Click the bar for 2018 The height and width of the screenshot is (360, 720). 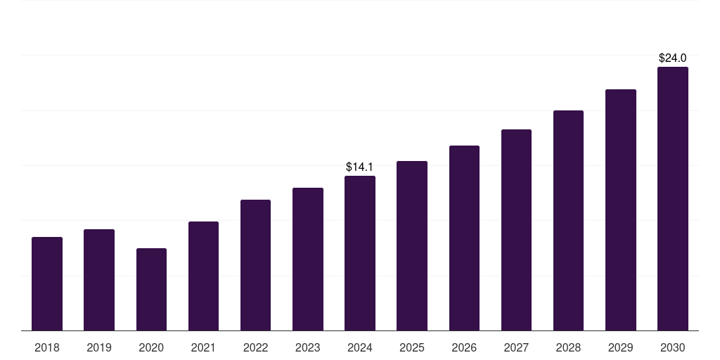coord(47,284)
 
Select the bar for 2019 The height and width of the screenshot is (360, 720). coord(99,280)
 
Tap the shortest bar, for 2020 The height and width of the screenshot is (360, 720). coord(151,290)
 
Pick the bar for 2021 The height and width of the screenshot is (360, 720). coord(203,276)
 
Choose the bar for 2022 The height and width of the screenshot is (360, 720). coord(255,265)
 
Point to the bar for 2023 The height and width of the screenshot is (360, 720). coord(308,259)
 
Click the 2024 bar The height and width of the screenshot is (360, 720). coord(360,253)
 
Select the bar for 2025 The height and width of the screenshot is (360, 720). coord(412,246)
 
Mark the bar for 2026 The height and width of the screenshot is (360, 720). coord(464,238)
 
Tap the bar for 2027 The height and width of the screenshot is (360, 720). coord(516,230)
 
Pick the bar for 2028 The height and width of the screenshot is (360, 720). coord(568,221)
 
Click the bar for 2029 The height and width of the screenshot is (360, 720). coord(621,210)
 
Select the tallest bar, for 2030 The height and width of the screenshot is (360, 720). coord(673,199)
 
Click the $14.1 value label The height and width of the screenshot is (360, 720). coord(359,167)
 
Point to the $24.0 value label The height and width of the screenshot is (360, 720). coord(672,58)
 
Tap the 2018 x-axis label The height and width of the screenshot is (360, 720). coord(47,347)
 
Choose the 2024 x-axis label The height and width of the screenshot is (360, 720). coord(360,347)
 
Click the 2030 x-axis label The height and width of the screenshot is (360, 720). coord(673,347)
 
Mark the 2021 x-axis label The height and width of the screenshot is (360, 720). coord(203,347)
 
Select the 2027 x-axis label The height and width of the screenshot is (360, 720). coord(516,347)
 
